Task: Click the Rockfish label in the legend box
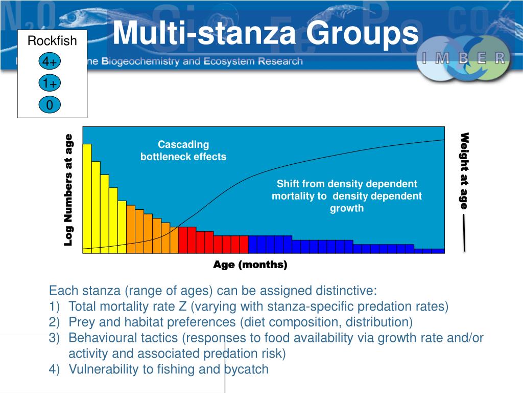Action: pyautogui.click(x=52, y=41)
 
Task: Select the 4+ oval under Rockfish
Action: pyautogui.click(x=50, y=62)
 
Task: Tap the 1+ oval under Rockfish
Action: pyautogui.click(x=50, y=83)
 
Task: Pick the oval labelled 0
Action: pyautogui.click(x=50, y=105)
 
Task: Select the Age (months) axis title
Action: pyautogui.click(x=250, y=265)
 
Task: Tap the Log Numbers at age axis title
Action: pyautogui.click(x=68, y=189)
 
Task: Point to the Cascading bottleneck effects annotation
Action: pyautogui.click(x=183, y=151)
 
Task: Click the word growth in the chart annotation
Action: pyautogui.click(x=347, y=208)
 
